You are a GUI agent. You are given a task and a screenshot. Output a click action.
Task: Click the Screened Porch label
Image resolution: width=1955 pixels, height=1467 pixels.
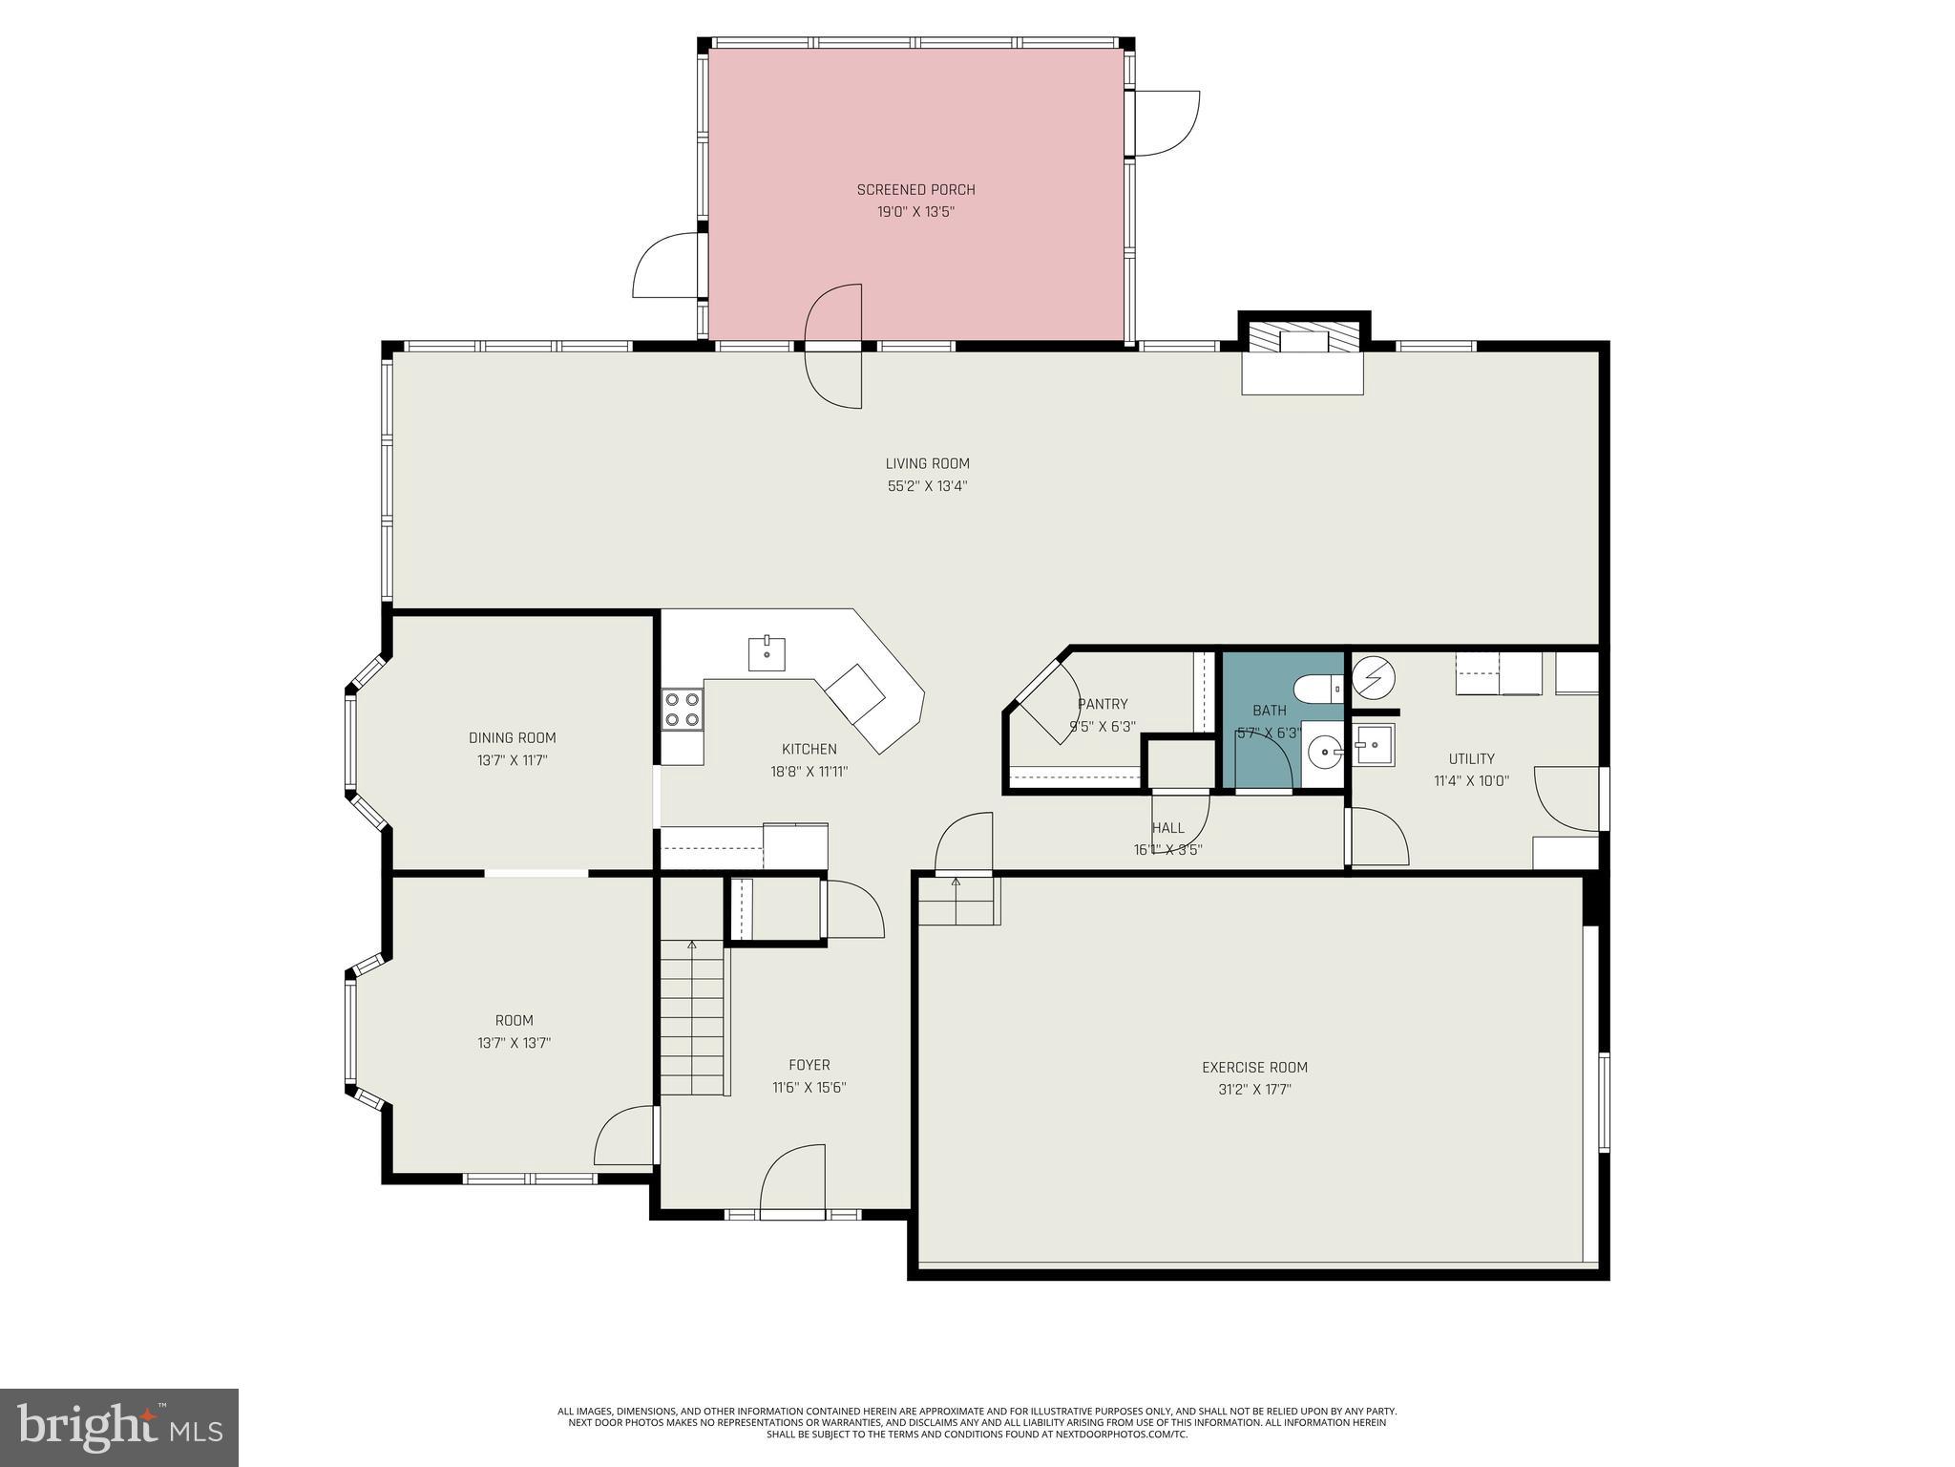pyautogui.click(x=915, y=190)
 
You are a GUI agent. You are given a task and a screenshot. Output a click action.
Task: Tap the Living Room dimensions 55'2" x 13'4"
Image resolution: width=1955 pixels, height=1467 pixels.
pyautogui.click(x=927, y=486)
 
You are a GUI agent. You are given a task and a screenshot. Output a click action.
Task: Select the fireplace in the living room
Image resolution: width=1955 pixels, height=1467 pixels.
pyautogui.click(x=1303, y=358)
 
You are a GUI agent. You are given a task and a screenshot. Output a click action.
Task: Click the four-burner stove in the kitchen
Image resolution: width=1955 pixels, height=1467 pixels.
pyautogui.click(x=683, y=711)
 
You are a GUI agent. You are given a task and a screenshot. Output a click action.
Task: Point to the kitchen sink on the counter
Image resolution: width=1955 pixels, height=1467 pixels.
pyautogui.click(x=767, y=654)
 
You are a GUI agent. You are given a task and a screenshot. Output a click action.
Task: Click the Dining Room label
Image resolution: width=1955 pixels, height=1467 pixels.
pyautogui.click(x=512, y=738)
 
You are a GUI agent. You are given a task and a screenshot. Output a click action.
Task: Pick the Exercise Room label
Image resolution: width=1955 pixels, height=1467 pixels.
pyautogui.click(x=1254, y=1068)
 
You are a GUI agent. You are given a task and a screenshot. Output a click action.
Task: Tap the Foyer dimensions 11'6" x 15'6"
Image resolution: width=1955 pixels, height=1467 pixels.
pyautogui.click(x=809, y=1087)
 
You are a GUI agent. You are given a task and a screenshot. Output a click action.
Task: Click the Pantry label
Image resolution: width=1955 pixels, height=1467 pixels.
pyautogui.click(x=1103, y=705)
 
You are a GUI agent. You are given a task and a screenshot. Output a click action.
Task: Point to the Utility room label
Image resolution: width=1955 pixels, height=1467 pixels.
pyautogui.click(x=1471, y=759)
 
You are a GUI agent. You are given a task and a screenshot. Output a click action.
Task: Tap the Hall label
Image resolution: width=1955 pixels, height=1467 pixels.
pyautogui.click(x=1167, y=828)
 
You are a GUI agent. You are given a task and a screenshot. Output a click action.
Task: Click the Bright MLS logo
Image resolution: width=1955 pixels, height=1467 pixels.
pyautogui.click(x=118, y=1427)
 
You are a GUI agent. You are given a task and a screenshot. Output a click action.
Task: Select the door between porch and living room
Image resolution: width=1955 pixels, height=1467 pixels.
pyautogui.click(x=834, y=347)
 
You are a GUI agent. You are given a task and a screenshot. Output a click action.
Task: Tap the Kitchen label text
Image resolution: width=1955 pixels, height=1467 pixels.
pyautogui.click(x=809, y=750)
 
